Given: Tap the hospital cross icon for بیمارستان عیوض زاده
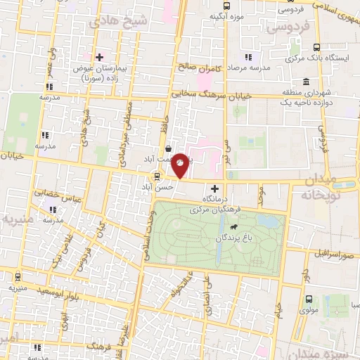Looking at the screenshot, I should coord(99,57).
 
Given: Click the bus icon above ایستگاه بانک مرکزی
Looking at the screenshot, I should coord(314,48).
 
